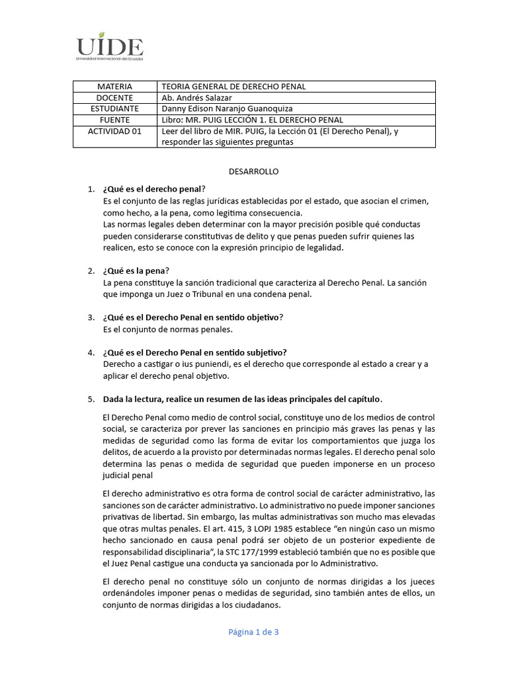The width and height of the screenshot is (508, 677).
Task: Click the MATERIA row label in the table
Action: click(x=114, y=87)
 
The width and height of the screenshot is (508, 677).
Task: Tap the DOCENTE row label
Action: click(x=114, y=98)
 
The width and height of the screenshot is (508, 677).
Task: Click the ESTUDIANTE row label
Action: click(x=114, y=108)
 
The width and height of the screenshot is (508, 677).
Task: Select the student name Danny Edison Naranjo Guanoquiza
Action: click(x=226, y=108)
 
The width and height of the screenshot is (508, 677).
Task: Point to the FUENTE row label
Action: click(x=114, y=120)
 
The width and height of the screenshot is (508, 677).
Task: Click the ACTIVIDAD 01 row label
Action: click(x=114, y=131)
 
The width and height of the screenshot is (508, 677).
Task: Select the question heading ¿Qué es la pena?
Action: click(x=136, y=271)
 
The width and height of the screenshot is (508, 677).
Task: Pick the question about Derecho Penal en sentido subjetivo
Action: click(x=194, y=352)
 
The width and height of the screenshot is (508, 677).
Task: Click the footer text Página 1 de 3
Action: click(x=254, y=632)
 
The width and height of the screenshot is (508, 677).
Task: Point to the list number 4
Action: click(x=91, y=352)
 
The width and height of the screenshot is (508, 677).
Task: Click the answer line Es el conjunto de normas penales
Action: click(x=168, y=329)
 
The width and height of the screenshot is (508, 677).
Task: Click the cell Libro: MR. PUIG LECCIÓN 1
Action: click(x=253, y=120)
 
